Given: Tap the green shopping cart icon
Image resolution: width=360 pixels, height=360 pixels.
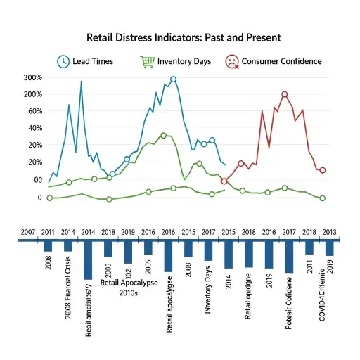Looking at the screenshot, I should pos(147,61).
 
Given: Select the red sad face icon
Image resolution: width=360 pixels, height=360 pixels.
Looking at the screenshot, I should pos(231,61).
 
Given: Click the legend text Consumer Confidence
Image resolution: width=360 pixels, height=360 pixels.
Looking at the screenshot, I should pos(281,62).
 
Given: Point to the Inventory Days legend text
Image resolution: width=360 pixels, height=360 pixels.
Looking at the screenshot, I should pos(184,62).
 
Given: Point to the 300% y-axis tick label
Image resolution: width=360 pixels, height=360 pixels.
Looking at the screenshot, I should pos(33,77).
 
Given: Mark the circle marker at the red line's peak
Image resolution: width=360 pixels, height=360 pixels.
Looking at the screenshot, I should pos(284,94).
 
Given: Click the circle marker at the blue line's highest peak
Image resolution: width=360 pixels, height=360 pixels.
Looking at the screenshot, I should pos(174,79).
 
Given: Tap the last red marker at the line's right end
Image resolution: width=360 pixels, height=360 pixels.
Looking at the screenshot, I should pos(322,170).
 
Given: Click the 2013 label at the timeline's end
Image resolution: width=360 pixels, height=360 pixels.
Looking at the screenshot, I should pos(330,232).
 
